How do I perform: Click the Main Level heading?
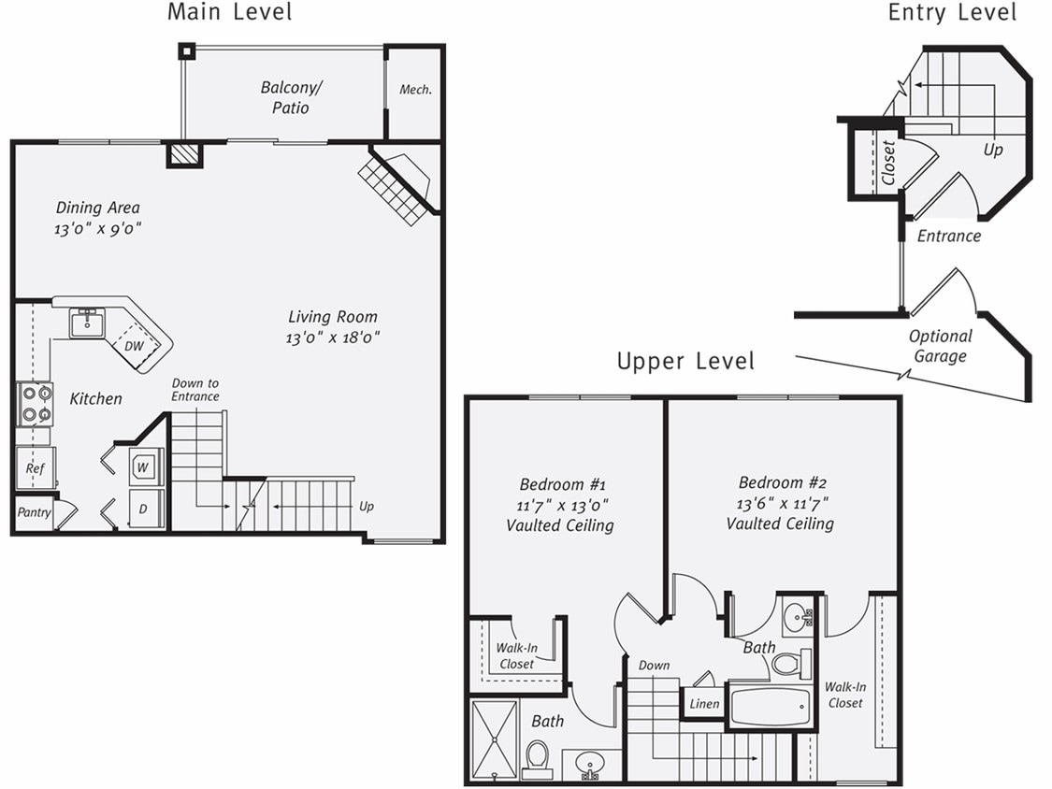point(229,12)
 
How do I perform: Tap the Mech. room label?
point(415,90)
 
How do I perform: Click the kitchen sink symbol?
point(87,323)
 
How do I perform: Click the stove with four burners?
point(36,404)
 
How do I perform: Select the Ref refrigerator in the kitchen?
point(36,467)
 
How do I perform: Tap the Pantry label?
point(35,512)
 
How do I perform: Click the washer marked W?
point(145,466)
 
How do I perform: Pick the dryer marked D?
point(145,509)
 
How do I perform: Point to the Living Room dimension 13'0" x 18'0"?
point(332,337)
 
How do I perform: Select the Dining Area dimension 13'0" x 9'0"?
point(97,228)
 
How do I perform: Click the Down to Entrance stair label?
point(195,390)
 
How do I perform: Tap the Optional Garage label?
point(940,346)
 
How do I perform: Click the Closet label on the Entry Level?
point(888,162)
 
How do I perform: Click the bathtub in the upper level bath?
point(769,707)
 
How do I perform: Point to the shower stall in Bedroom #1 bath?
point(494,739)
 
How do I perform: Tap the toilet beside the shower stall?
point(538,758)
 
